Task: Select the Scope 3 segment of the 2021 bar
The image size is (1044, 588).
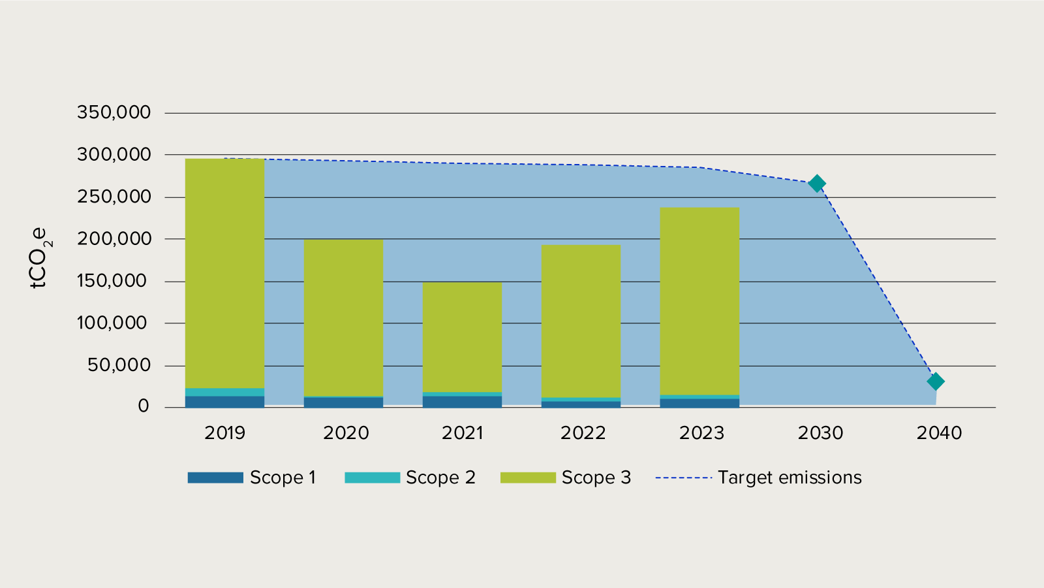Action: [x=462, y=336]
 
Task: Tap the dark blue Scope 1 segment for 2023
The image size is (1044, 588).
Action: [x=699, y=403]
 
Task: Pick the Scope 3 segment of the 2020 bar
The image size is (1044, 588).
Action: [x=343, y=318]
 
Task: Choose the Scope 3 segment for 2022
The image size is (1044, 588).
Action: [x=581, y=321]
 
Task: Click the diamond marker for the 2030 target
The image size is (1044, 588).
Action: [x=816, y=184]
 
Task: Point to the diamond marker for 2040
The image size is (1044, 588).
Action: [x=935, y=382]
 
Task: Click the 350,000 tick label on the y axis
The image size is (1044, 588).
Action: [x=114, y=112]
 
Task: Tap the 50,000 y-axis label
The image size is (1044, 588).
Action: [x=119, y=365]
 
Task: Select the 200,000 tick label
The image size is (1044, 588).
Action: [x=114, y=239]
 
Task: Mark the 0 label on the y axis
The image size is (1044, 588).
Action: [x=144, y=406]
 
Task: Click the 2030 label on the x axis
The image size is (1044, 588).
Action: [x=820, y=433]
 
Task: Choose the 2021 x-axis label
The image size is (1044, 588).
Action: [x=462, y=433]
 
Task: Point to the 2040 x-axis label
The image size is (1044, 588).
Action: [x=939, y=433]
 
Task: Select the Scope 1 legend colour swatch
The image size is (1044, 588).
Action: [x=215, y=478]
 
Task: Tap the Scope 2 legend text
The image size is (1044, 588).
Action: [x=440, y=478]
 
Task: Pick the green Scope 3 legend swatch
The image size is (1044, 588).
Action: [x=527, y=478]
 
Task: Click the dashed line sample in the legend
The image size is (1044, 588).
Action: [x=683, y=478]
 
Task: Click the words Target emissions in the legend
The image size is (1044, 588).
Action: [x=790, y=478]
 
